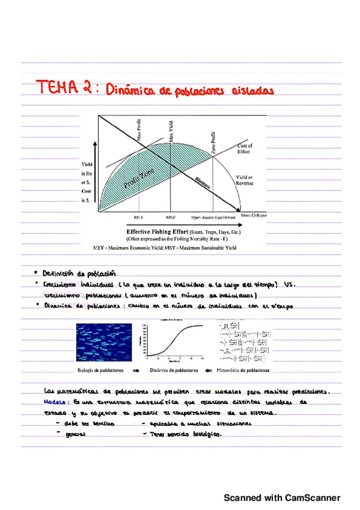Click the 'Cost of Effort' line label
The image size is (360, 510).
point(245,149)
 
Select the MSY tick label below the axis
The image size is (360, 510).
point(171,217)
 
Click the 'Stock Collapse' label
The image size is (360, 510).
point(254,215)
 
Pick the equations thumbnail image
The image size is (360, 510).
point(239,343)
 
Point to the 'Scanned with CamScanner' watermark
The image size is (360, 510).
point(282,498)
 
